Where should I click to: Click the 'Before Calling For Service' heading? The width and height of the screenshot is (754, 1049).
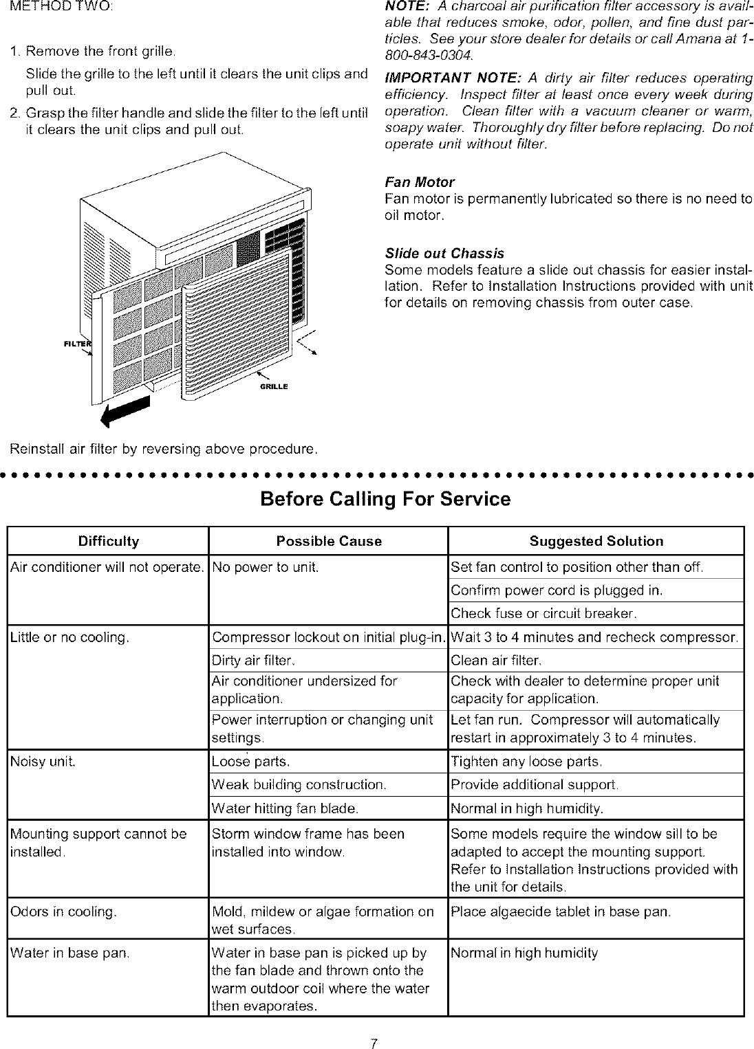pos(385,499)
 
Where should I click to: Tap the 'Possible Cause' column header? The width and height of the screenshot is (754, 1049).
pos(329,541)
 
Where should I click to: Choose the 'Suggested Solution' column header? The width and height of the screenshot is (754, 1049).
pos(596,541)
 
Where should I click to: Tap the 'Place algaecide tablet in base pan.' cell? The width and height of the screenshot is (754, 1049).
pos(561,912)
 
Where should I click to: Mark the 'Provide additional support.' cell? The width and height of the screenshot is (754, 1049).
pos(535,785)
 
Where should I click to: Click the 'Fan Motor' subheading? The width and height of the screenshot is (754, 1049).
pos(419,182)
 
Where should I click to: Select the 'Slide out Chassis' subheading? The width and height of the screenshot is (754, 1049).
pos(444,253)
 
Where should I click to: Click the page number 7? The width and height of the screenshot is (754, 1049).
pos(372,1026)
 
